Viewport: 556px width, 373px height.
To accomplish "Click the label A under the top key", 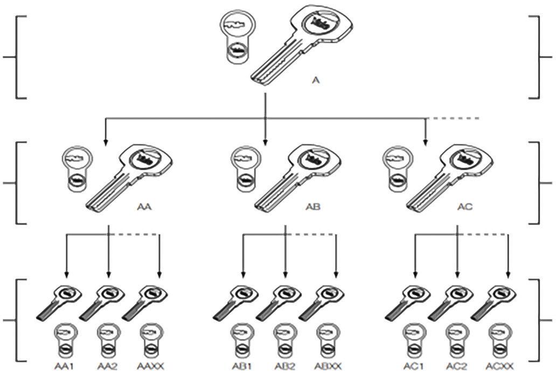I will [316, 80].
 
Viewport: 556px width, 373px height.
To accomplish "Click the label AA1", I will [64, 367].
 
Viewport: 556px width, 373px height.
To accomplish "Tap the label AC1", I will [414, 367].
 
